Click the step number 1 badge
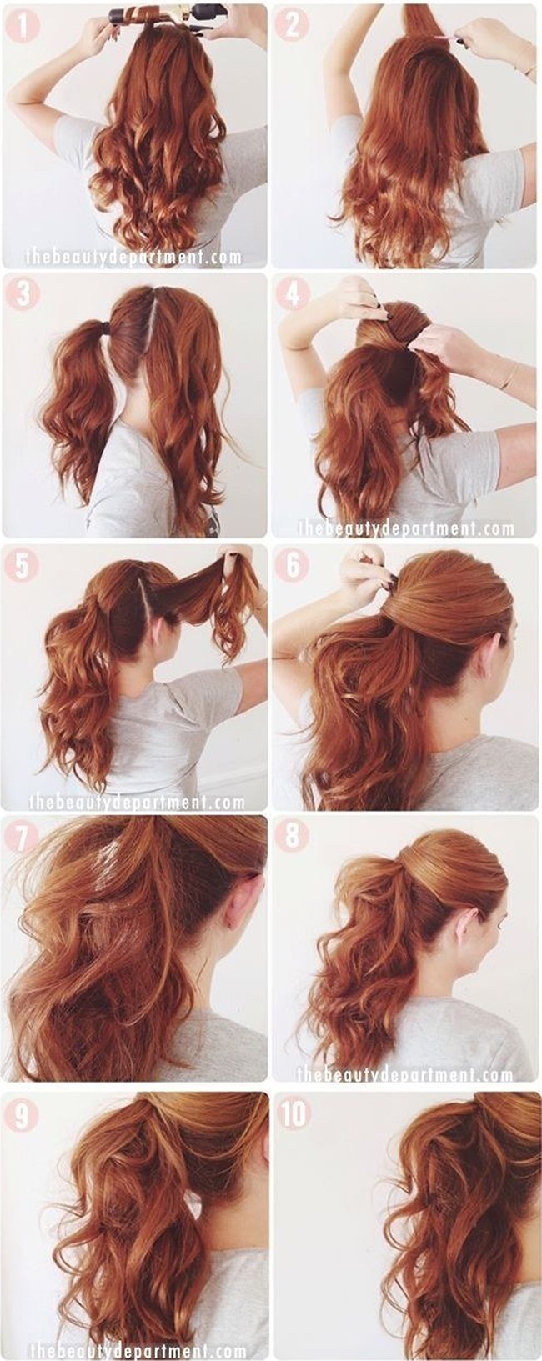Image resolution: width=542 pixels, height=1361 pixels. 22,26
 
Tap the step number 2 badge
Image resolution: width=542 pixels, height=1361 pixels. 293,26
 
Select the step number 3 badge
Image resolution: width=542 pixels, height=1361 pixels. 22,294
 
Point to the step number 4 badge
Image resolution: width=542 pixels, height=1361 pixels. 293,295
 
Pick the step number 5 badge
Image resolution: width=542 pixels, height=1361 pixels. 22,566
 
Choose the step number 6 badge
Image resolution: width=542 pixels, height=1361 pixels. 293,566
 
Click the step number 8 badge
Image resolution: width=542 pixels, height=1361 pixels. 293,837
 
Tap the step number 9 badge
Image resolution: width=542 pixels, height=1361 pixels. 22,1114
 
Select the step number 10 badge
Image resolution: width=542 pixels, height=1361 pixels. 294,1114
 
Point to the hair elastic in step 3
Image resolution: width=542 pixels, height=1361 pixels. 107,328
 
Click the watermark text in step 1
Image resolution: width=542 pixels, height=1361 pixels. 133,257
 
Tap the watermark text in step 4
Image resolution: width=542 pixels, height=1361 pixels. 406,528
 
